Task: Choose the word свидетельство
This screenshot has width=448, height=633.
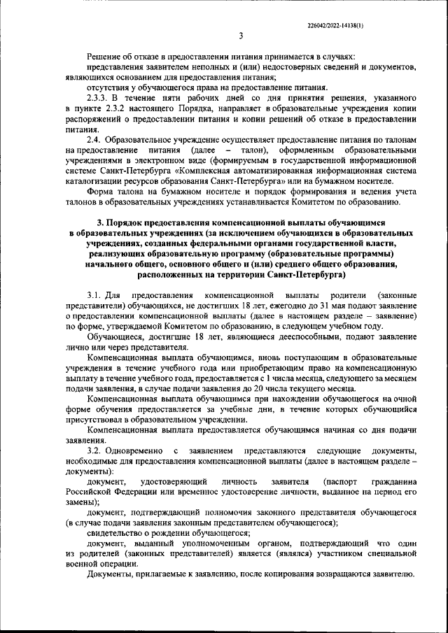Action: click(x=116, y=532)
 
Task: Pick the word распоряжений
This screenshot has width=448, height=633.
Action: click(x=93, y=120)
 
